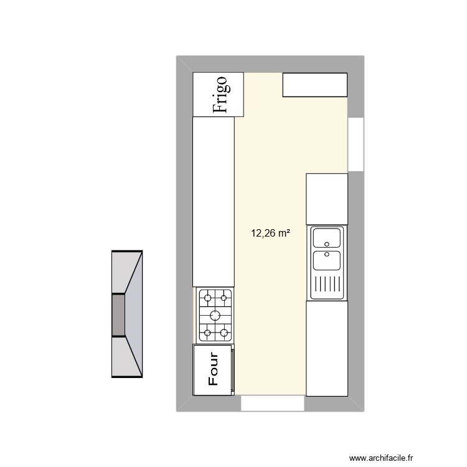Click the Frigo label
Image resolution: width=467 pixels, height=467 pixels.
coord(221,94)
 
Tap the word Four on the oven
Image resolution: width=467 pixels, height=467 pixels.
coord(213,370)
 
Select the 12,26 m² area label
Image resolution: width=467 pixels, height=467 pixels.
coord(270,234)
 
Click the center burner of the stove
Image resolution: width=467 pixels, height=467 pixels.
coord(215,314)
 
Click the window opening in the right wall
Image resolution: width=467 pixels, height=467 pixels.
coord(356,144)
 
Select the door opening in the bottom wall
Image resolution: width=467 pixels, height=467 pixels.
coord(272,403)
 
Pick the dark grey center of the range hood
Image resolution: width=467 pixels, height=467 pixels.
coord(118,314)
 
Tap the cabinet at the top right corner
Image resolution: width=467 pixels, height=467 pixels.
coord(314,85)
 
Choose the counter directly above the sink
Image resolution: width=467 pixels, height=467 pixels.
coord(327,199)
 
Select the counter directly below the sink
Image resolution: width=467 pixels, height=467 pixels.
coord(327,348)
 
